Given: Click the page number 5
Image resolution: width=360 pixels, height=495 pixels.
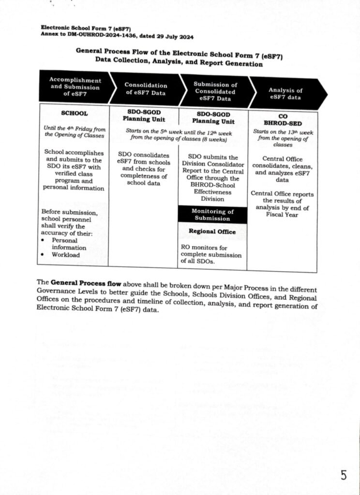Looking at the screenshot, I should (x=343, y=476).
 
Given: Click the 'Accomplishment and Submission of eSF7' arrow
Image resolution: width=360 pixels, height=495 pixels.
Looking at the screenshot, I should (x=75, y=87).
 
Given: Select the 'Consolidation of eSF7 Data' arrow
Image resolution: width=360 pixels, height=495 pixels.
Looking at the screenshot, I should (x=145, y=89).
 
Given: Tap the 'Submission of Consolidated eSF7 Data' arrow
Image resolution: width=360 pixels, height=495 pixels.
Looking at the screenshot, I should (x=214, y=91).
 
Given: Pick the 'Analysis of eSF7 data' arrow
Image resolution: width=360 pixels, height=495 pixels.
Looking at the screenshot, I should (x=285, y=94).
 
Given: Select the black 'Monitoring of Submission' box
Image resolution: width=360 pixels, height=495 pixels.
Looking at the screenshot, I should (x=212, y=215).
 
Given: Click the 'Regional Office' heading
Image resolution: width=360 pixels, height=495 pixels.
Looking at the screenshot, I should (x=212, y=232).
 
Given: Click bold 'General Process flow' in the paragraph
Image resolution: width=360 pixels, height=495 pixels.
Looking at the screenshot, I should (x=81, y=282).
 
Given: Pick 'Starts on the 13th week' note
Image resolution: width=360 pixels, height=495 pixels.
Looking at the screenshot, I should (x=283, y=131).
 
